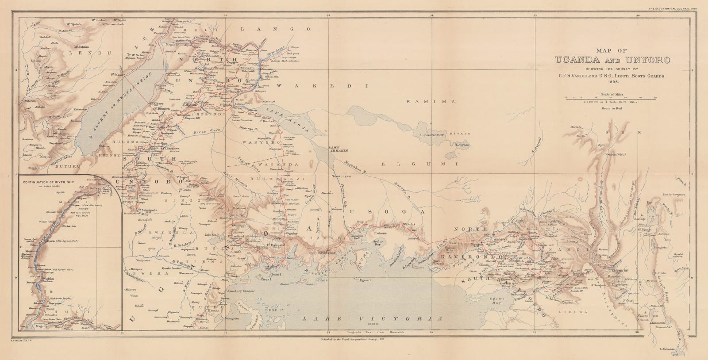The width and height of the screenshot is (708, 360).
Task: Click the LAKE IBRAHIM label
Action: tap(335, 149)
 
